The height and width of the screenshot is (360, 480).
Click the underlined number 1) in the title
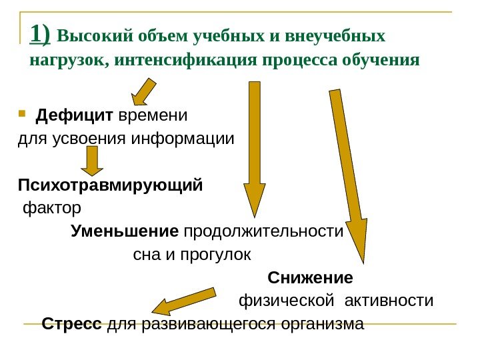(x=40, y=35)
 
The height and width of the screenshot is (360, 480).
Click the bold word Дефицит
(x=75, y=116)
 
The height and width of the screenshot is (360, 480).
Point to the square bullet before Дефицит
(x=23, y=114)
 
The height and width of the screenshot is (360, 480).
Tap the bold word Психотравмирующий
(x=110, y=183)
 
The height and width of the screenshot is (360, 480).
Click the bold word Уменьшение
(x=125, y=232)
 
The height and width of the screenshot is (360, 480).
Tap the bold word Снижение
(x=310, y=277)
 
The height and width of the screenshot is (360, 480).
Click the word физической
(x=286, y=301)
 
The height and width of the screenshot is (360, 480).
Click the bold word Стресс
(x=71, y=325)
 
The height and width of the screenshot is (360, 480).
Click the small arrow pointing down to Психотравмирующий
(x=93, y=161)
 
